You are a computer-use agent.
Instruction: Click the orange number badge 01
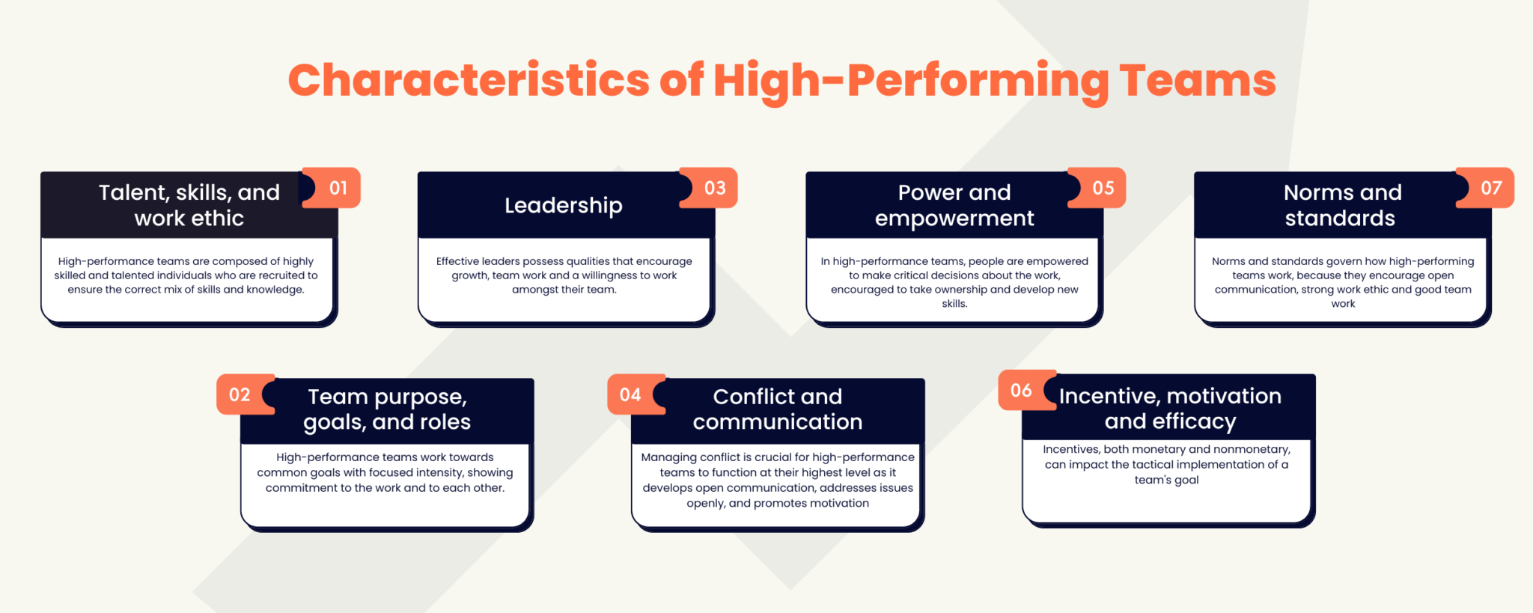[338, 188]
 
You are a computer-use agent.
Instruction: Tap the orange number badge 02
[240, 394]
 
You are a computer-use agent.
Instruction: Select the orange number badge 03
[715, 188]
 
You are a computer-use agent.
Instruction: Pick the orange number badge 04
[630, 394]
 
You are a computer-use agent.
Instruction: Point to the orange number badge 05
[1103, 188]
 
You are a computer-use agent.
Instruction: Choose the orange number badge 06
[1021, 390]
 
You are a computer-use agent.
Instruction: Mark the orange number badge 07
[1491, 188]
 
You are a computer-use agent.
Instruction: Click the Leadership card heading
[563, 205]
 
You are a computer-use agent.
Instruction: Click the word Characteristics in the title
[469, 80]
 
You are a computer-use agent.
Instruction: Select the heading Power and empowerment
[954, 205]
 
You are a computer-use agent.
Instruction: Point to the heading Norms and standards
[1342, 205]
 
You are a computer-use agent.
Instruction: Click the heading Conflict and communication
[778, 409]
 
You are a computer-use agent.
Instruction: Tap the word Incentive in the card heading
[1107, 396]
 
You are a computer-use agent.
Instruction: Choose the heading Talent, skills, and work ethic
[189, 205]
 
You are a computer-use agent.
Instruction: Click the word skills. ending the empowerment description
[954, 304]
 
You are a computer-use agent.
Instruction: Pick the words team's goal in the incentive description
[1166, 480]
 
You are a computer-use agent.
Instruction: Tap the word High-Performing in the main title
[911, 80]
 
